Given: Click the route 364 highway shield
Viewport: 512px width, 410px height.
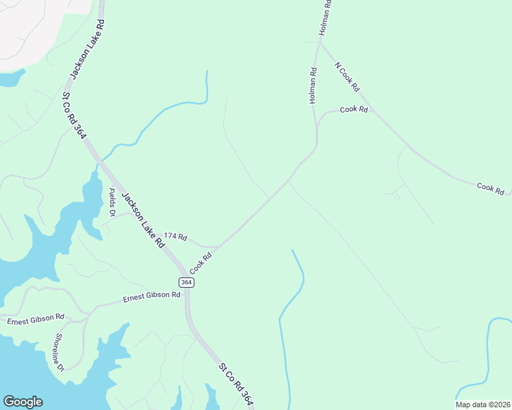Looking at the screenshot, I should coord(186,282).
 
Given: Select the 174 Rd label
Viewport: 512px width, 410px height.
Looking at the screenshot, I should coord(175,236).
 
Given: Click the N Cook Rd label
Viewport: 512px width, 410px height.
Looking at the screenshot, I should coord(347,77).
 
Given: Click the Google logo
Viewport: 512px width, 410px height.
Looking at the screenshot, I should coord(23,402).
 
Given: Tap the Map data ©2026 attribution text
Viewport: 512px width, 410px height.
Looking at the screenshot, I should coord(483,405).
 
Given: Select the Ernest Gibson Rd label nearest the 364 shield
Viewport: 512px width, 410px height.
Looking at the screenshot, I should coord(151,297).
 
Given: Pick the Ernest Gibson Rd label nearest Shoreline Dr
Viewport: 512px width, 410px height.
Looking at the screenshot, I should coord(36,318).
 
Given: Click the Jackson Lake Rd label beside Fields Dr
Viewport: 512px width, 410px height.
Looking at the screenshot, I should coord(143,220).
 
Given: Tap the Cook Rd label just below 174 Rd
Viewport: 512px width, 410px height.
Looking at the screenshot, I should coord(202,260).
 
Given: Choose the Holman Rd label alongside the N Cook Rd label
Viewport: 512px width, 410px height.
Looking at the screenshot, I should coord(313,85).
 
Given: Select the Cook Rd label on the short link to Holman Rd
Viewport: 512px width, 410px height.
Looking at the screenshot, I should coord(354,109).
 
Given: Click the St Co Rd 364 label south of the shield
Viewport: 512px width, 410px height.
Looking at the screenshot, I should coord(236,386).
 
